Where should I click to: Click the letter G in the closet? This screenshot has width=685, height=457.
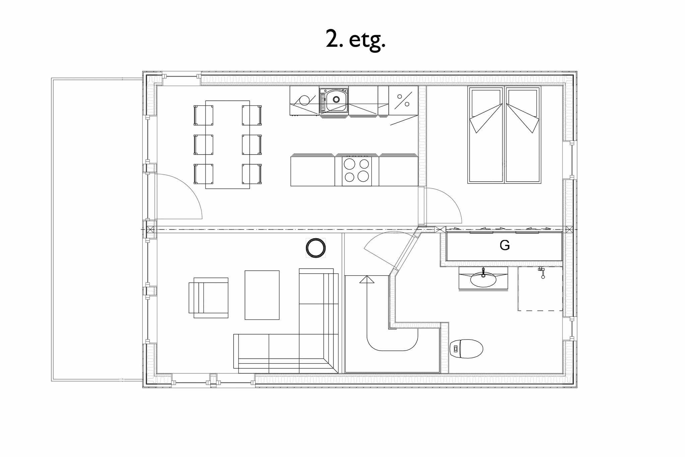(504, 246)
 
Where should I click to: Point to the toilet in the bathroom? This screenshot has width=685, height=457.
(466, 349)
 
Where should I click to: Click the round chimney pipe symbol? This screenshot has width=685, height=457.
(316, 248)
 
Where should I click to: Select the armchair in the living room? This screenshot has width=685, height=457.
(208, 298)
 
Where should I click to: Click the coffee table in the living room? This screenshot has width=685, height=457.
(262, 295)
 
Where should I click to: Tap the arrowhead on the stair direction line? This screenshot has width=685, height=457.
(367, 279)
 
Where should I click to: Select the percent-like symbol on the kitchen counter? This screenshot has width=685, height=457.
(403, 100)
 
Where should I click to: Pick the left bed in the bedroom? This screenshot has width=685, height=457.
(486, 135)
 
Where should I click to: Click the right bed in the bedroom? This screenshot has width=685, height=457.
(523, 135)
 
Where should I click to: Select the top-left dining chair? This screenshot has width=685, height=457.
(203, 115)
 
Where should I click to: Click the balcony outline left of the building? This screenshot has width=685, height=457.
(52, 230)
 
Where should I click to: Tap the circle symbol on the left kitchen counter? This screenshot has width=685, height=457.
(304, 100)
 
